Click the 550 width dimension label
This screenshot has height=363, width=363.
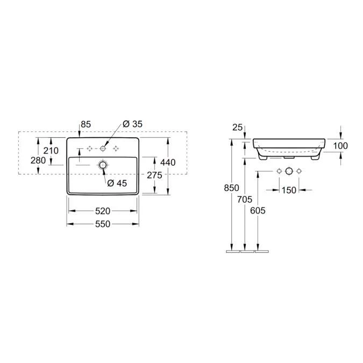[103, 224]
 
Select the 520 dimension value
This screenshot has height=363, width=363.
[103, 210]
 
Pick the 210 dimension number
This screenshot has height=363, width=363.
[51, 151]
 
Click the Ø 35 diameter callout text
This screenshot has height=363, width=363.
[132, 124]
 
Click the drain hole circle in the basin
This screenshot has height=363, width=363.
[103, 165]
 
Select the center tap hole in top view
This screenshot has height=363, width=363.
[103, 147]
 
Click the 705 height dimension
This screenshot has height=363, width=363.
[245, 200]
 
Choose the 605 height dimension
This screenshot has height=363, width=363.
[258, 210]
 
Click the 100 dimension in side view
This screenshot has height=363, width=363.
[340, 145]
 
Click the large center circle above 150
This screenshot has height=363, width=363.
[289, 171]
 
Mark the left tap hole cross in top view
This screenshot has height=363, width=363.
[90, 147]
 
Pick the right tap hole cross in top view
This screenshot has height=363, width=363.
[116, 147]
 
